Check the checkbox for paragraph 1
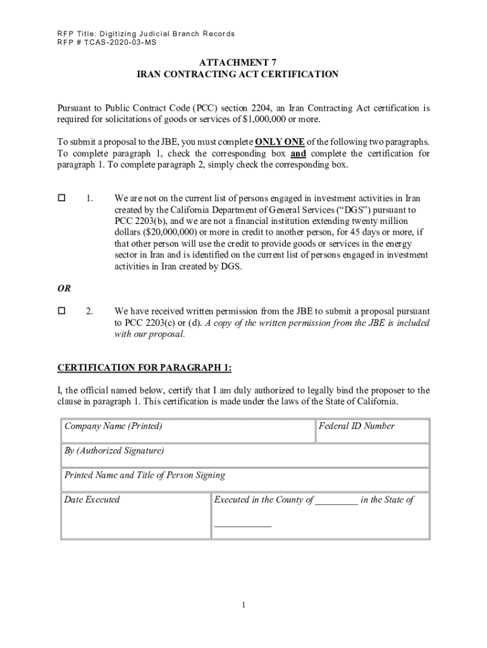click(62, 198)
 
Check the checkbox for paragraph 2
click(62, 311)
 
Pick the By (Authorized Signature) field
click(245, 455)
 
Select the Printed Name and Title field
click(245, 479)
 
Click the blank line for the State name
click(243, 523)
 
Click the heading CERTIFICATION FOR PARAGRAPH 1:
click(145, 368)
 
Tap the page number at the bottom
click(244, 606)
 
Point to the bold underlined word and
click(298, 154)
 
